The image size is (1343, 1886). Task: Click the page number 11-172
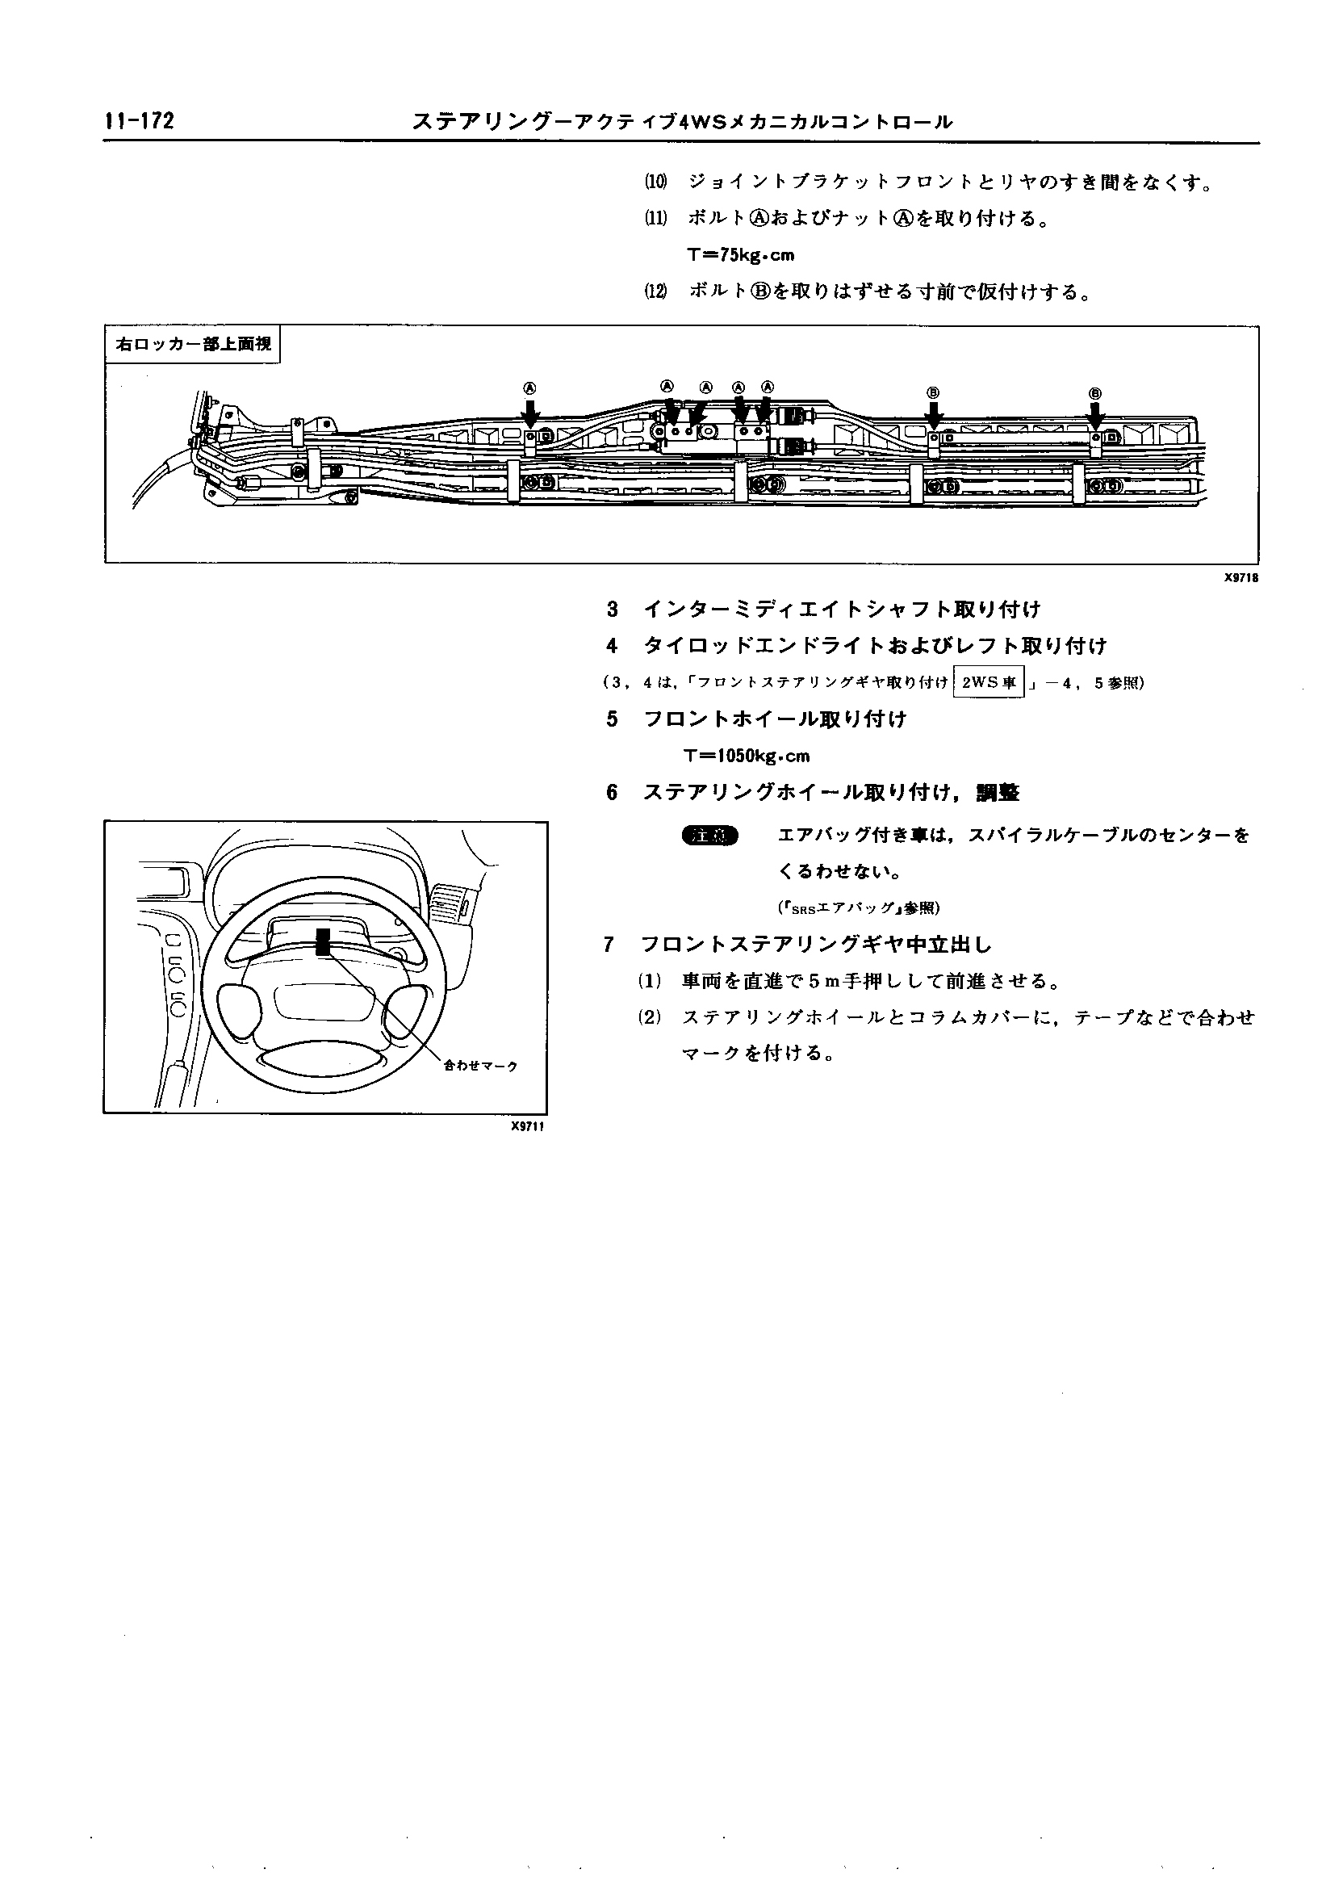point(139,122)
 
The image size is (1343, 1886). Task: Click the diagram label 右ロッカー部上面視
point(194,344)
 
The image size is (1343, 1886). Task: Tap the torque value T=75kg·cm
point(740,256)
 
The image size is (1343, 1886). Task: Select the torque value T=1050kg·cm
point(747,756)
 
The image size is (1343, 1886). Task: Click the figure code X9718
point(1241,578)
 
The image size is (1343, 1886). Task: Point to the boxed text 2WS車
point(988,683)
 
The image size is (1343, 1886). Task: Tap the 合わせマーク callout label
point(480,1067)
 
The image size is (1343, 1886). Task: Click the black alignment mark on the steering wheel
point(323,941)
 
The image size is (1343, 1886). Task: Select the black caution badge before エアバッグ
point(710,836)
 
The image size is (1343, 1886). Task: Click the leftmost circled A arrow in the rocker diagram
point(531,410)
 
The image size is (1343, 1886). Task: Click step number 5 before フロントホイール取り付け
point(612,719)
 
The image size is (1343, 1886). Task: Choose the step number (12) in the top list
point(656,293)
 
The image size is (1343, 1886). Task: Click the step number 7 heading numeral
point(609,945)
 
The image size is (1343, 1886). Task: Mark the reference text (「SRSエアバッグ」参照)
point(859,907)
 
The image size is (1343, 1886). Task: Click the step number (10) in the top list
point(656,182)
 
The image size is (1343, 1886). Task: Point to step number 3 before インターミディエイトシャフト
point(612,610)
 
